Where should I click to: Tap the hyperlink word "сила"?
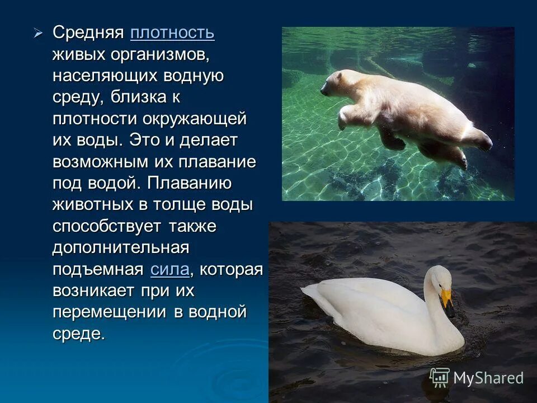170,269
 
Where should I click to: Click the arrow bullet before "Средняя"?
38,33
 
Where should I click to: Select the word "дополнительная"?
121,247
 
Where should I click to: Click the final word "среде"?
78,334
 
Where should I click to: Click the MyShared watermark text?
488,378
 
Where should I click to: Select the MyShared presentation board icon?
440,377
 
